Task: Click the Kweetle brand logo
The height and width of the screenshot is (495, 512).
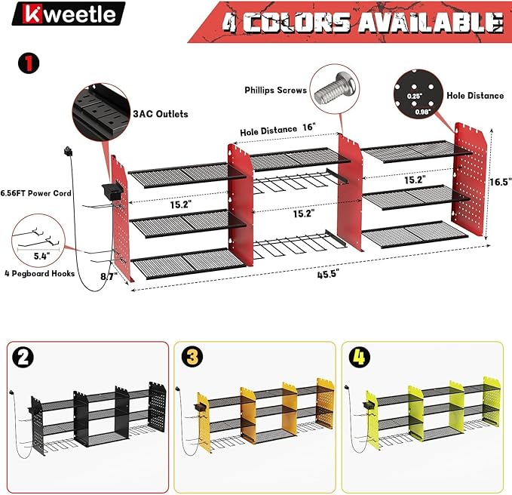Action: [x=69, y=14]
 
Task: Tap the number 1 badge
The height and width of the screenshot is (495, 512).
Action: [x=29, y=63]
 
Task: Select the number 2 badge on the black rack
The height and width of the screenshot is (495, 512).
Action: [x=22, y=357]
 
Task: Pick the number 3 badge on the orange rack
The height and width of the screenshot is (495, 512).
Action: [x=192, y=357]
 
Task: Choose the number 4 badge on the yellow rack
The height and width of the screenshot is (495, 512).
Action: [x=359, y=357]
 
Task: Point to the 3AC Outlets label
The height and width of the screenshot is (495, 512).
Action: [x=161, y=114]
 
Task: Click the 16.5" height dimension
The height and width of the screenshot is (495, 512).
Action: [x=500, y=182]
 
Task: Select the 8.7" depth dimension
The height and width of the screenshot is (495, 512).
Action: [x=109, y=276]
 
